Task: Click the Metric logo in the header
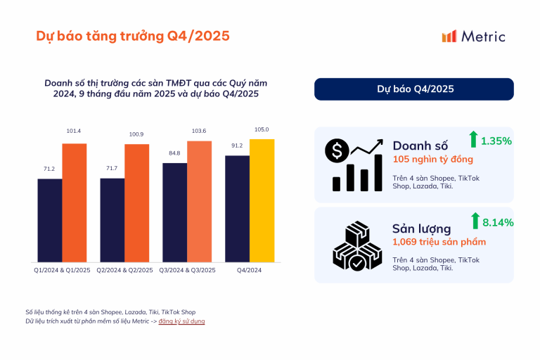point(472,37)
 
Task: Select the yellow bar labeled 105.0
point(262,200)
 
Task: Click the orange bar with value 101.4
point(75,202)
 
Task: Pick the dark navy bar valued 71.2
point(50,220)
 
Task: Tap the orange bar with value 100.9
point(137,202)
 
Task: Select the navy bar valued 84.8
point(175,212)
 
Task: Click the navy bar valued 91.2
point(238,208)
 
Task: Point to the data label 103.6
point(199,131)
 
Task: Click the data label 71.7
point(112,169)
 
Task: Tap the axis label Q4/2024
point(250,269)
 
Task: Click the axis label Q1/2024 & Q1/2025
point(62,269)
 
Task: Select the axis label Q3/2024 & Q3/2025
point(187,269)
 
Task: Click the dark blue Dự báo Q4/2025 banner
point(413,89)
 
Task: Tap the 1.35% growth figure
point(496,141)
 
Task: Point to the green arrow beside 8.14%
point(475,221)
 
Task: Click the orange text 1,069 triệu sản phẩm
point(439,242)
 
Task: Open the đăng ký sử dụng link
point(181,321)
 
